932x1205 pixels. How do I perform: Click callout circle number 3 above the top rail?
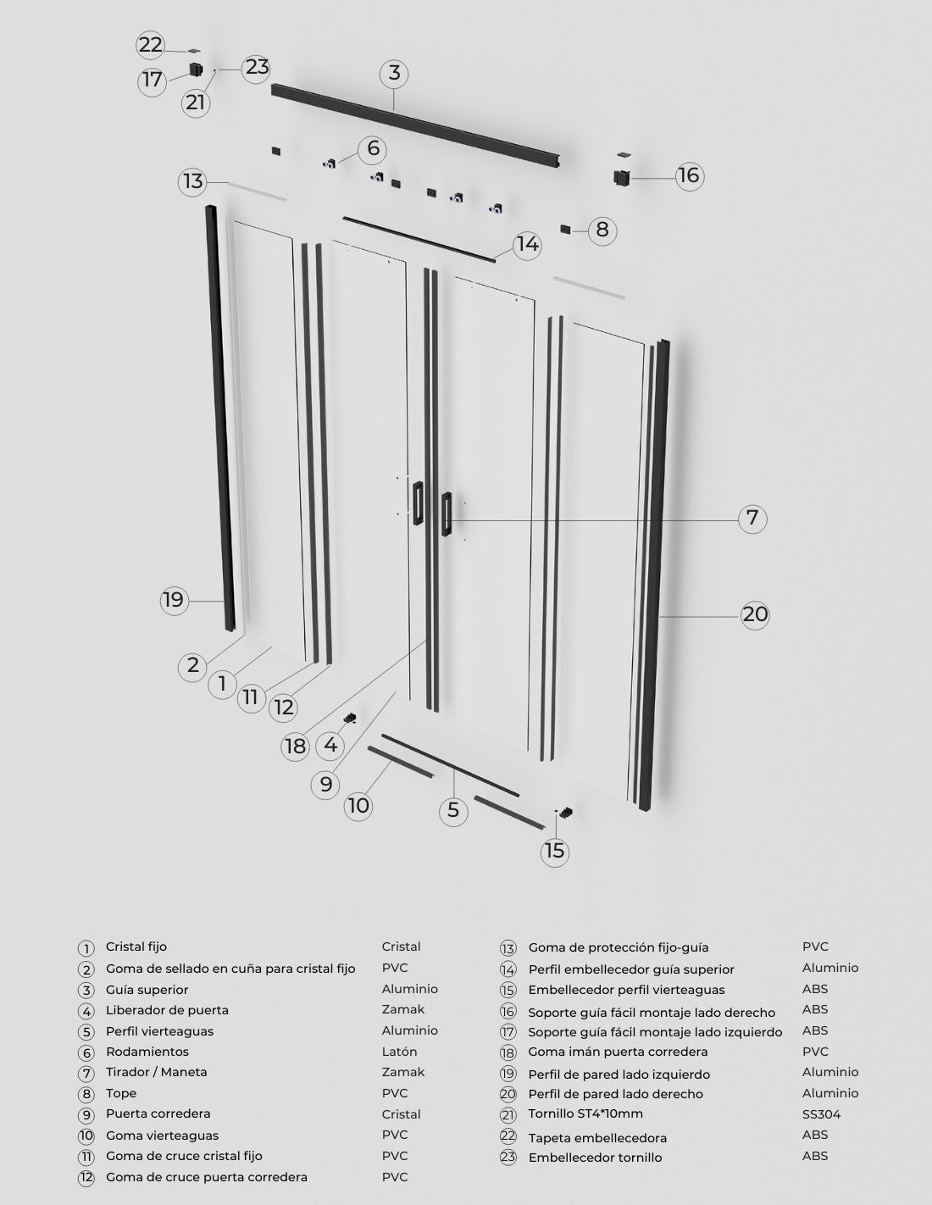point(394,73)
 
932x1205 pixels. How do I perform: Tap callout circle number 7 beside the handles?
point(752,518)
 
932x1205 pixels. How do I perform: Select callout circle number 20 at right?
point(755,614)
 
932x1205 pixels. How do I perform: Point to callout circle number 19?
point(174,600)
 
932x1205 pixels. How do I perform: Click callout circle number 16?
point(690,175)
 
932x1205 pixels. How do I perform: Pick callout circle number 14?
point(527,245)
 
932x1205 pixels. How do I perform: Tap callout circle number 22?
point(150,45)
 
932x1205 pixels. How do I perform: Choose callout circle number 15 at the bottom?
point(555,851)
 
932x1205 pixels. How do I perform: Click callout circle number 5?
point(453,810)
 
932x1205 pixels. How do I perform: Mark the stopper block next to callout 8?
point(565,229)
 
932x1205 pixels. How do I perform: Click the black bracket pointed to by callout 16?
point(622,177)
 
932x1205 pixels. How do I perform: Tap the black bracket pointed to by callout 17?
point(197,69)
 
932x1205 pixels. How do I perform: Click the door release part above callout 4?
point(350,719)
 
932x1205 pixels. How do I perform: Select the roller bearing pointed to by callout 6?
point(330,164)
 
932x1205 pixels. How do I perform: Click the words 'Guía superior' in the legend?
point(147,990)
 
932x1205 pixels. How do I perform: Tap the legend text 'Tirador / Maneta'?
point(157,1072)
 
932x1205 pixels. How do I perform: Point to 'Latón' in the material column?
point(399,1052)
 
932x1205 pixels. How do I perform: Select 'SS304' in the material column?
point(821,1114)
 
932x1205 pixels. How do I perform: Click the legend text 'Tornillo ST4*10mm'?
point(585,1113)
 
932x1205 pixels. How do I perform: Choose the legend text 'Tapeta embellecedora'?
point(597,1138)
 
